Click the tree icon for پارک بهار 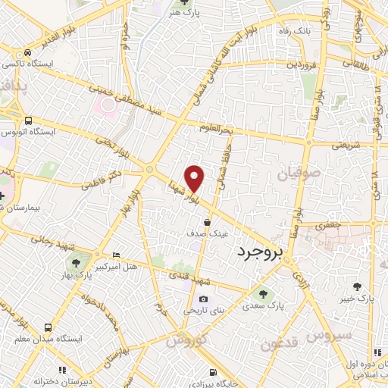(77, 262)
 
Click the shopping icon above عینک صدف (207, 222)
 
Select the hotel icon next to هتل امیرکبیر (115, 255)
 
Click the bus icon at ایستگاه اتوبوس (28, 120)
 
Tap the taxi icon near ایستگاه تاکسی (28, 53)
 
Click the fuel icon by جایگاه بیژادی (213, 372)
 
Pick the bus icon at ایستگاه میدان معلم (48, 328)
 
